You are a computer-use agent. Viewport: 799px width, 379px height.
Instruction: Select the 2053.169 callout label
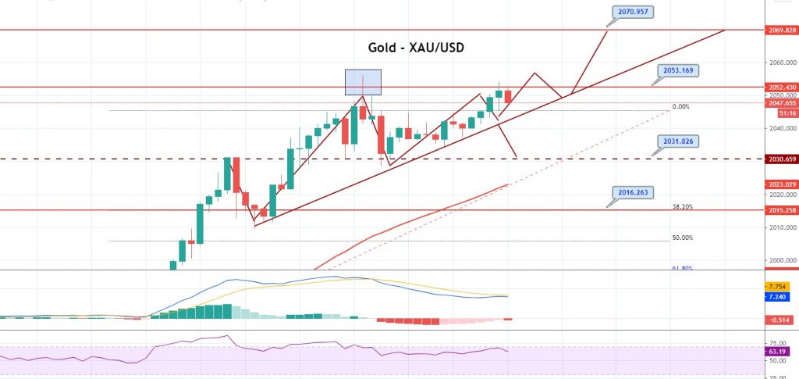[x=676, y=70]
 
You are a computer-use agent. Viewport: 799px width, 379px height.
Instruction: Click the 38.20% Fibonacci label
[x=682, y=207]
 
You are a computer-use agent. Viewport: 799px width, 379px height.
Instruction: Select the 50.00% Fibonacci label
[x=682, y=238]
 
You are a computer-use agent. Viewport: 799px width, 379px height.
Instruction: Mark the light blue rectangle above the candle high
[x=364, y=81]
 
